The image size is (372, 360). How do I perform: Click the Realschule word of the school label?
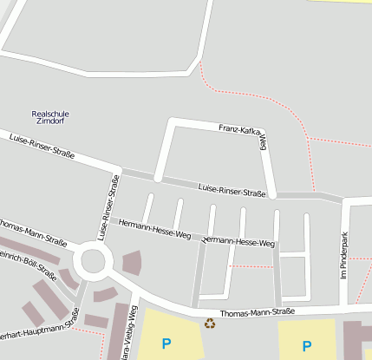click(50, 114)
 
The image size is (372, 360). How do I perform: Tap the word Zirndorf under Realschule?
click(50, 121)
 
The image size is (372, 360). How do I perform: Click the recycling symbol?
click(209, 324)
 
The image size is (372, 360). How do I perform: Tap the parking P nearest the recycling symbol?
click(166, 344)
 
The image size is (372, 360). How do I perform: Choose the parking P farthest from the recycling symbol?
click(306, 345)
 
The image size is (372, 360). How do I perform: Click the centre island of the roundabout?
click(92, 259)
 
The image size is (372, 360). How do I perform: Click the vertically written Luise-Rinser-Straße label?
click(108, 207)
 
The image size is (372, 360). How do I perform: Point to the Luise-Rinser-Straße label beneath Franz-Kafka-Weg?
click(232, 191)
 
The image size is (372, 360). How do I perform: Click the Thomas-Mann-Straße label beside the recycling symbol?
click(258, 311)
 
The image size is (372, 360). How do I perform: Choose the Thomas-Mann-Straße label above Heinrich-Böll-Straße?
click(29, 234)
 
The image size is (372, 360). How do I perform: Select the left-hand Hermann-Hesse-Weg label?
click(154, 229)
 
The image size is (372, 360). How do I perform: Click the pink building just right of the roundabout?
click(131, 263)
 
